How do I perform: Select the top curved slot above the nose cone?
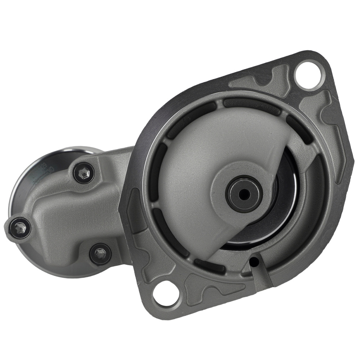point(252,106)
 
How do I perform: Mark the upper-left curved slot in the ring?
point(191,115)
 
